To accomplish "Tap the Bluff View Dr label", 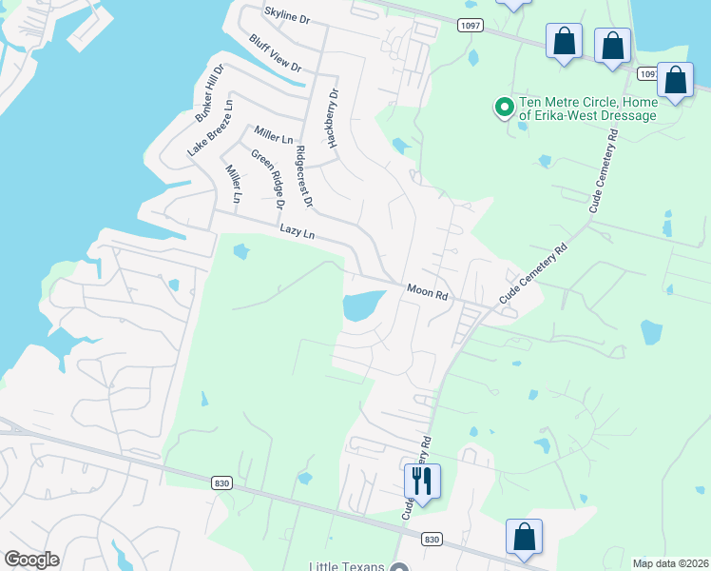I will pyautogui.click(x=275, y=53).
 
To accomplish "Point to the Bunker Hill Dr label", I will pyautogui.click(x=208, y=93).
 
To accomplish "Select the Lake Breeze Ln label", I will pyautogui.click(x=208, y=127).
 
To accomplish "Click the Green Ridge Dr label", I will pyautogui.click(x=268, y=179).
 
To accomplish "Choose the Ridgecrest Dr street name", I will pyautogui.click(x=303, y=177).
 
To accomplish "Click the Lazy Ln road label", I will pyautogui.click(x=297, y=231).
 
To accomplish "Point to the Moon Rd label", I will pyautogui.click(x=427, y=292).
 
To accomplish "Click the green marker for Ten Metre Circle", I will pyautogui.click(x=504, y=108).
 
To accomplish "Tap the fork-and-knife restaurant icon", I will pyautogui.click(x=422, y=480).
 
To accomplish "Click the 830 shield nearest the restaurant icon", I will pyautogui.click(x=432, y=539).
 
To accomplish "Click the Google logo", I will pyautogui.click(x=31, y=560).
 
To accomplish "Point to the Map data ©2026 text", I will pyautogui.click(x=670, y=563).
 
